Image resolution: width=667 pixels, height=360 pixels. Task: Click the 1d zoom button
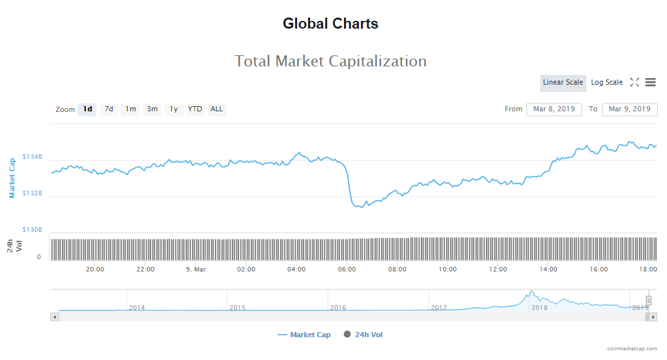click(87, 109)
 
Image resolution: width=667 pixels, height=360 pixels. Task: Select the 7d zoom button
click(109, 109)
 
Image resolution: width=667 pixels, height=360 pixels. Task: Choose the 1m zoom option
click(131, 109)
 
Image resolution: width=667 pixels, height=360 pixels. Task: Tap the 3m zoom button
click(152, 109)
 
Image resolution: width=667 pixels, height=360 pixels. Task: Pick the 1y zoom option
click(174, 109)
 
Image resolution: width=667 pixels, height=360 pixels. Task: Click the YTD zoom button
click(195, 109)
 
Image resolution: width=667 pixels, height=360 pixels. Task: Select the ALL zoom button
click(217, 109)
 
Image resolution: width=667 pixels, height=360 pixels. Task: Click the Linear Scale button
click(563, 83)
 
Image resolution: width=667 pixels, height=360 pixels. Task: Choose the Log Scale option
click(606, 83)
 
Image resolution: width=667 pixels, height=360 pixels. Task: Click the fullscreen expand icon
click(634, 83)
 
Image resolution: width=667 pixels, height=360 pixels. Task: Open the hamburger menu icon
click(651, 83)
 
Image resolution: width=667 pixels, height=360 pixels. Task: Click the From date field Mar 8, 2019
click(554, 109)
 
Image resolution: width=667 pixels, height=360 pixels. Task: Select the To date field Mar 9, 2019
click(629, 109)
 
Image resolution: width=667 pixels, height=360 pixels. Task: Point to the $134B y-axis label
click(33, 157)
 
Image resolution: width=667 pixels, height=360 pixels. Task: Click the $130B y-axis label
click(33, 230)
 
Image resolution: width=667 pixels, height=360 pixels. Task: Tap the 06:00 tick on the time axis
click(347, 270)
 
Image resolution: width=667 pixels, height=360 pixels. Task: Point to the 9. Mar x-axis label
click(195, 270)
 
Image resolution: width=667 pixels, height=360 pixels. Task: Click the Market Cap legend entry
click(304, 335)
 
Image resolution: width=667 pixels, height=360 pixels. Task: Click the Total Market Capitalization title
click(330, 61)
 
